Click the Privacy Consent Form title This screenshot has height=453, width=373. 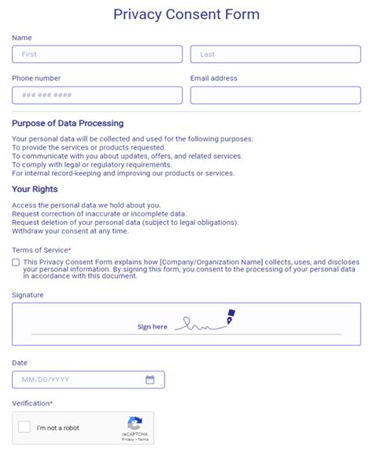pyautogui.click(x=186, y=14)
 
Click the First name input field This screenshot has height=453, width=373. pyautogui.click(x=97, y=54)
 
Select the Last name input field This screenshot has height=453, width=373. pyautogui.click(x=275, y=54)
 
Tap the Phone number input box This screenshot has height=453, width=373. pyautogui.click(x=97, y=95)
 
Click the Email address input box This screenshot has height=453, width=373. pyautogui.click(x=275, y=95)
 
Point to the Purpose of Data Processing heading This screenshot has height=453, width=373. pyautogui.click(x=68, y=123)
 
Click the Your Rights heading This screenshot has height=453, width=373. pyautogui.click(x=35, y=190)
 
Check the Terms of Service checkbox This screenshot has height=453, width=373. pyautogui.click(x=17, y=263)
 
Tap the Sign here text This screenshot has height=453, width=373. pyautogui.click(x=152, y=326)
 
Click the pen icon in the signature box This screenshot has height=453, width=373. pyautogui.click(x=231, y=316)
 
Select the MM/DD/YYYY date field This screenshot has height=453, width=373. pyautogui.click(x=79, y=380)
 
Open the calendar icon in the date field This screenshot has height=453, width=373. pyautogui.click(x=150, y=380)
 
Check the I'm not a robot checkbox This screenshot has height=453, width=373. pyautogui.click(x=24, y=427)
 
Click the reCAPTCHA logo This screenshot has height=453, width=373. pyautogui.click(x=135, y=423)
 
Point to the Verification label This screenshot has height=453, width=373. pyautogui.click(x=31, y=403)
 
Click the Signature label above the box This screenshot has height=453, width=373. pyautogui.click(x=28, y=295)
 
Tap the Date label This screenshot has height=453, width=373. pyautogui.click(x=20, y=362)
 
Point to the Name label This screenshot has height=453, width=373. pyautogui.click(x=22, y=38)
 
